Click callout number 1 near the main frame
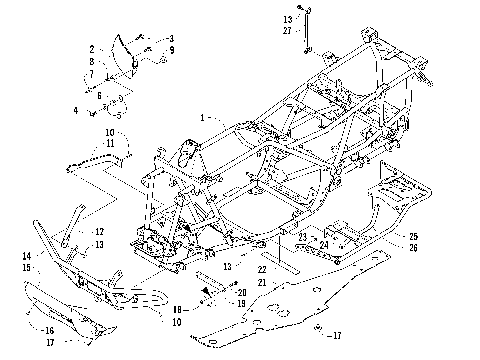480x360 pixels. click(204, 117)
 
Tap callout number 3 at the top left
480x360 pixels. click(171, 38)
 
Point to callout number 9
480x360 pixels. click(171, 49)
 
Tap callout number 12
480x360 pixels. click(127, 232)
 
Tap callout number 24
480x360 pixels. click(324, 243)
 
